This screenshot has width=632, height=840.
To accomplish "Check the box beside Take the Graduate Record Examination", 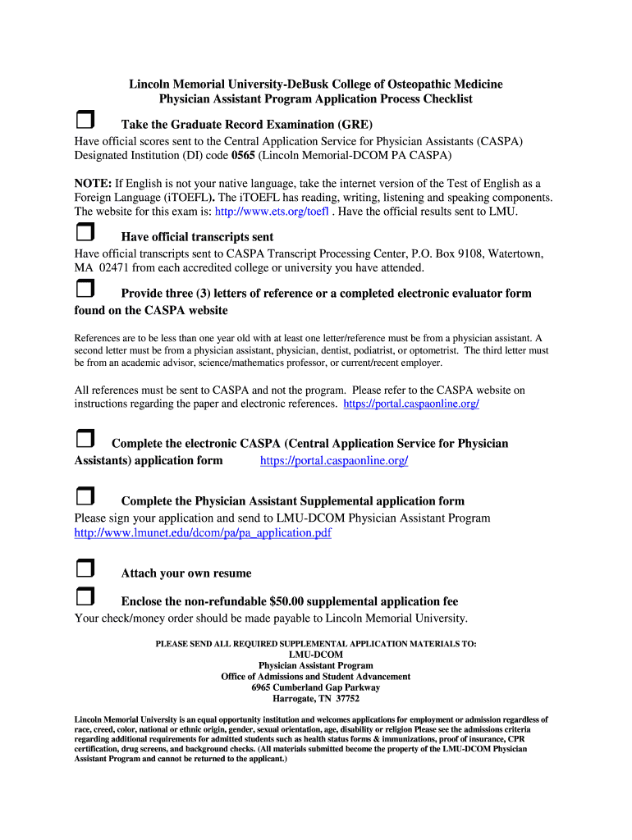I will pyautogui.click(x=85, y=122).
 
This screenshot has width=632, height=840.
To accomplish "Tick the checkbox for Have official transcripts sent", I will pyautogui.click(x=85, y=235).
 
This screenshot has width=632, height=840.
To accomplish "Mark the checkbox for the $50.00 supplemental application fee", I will pyautogui.click(x=85, y=598).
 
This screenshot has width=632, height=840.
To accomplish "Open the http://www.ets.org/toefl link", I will pyautogui.click(x=272, y=212).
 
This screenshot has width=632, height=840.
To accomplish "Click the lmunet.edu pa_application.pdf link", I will pyautogui.click(x=203, y=533).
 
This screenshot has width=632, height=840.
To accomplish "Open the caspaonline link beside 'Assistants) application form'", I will pyautogui.click(x=333, y=461).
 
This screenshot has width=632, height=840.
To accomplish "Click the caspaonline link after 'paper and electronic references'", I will pyautogui.click(x=411, y=404).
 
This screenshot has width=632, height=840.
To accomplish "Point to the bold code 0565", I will pyautogui.click(x=243, y=155).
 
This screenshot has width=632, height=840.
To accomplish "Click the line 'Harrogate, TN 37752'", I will pyautogui.click(x=316, y=699).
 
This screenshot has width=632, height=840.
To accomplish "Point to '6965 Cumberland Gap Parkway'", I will pyautogui.click(x=316, y=687).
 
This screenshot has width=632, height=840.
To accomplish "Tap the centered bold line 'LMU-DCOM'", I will pyautogui.click(x=316, y=655).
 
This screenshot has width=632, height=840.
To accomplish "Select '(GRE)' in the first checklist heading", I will pyautogui.click(x=355, y=125).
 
